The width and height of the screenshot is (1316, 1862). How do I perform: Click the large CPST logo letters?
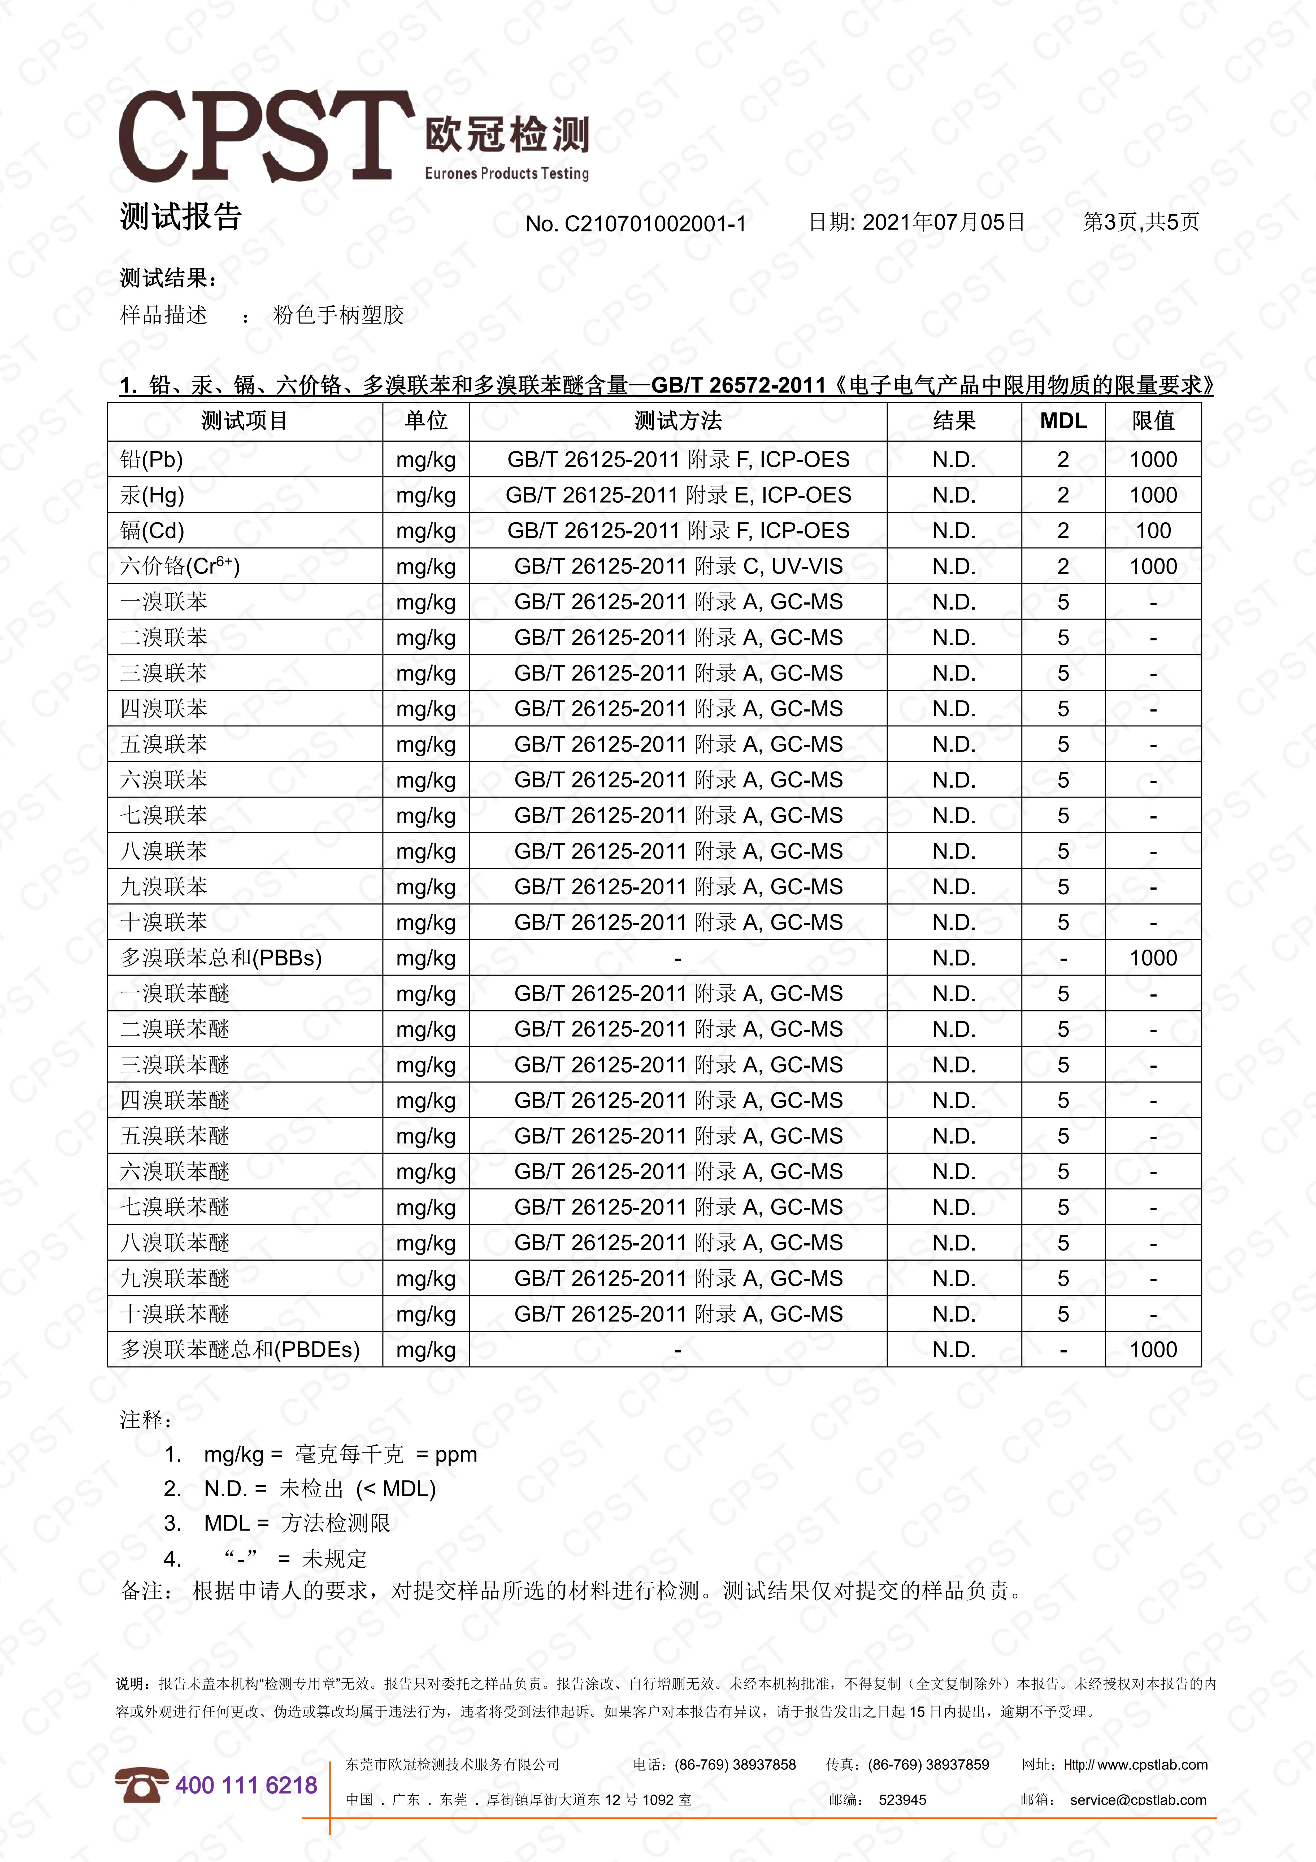266,136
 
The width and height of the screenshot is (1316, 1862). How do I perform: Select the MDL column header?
1063,421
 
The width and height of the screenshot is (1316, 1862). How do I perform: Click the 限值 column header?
1153,421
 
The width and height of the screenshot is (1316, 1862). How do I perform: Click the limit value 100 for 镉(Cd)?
1153,531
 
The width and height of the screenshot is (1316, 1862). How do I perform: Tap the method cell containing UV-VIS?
678,567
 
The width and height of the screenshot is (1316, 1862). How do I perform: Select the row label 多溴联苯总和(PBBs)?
220,959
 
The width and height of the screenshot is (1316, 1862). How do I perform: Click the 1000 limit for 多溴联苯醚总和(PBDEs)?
1153,1350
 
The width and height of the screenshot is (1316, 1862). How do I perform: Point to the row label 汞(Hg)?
153,495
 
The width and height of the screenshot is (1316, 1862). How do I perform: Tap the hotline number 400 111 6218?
246,1786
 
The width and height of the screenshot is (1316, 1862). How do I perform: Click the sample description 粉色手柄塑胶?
338,316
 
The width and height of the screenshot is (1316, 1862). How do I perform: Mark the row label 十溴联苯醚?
175,1314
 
